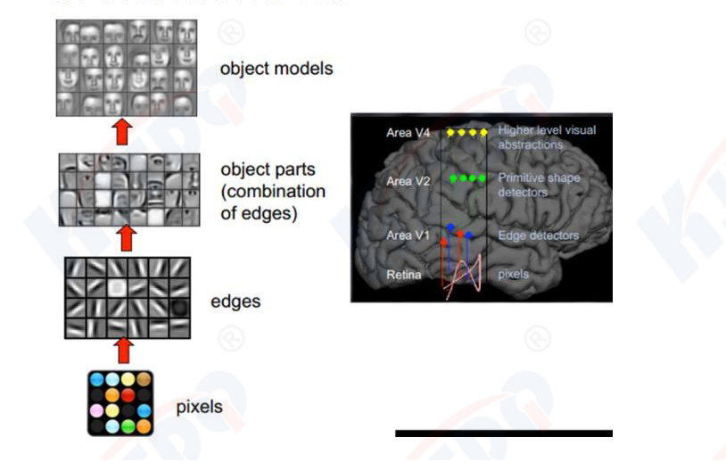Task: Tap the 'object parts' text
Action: pyautogui.click(x=265, y=170)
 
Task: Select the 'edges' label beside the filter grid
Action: pyautogui.click(x=235, y=301)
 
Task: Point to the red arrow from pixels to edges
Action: pyautogui.click(x=124, y=350)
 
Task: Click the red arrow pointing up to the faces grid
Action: pyautogui.click(x=124, y=132)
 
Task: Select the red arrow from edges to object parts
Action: pyautogui.click(x=126, y=237)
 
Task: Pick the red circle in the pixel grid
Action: pyautogui.click(x=128, y=394)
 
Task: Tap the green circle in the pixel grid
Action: pyautogui.click(x=128, y=426)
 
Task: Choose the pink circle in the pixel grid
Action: pyautogui.click(x=96, y=410)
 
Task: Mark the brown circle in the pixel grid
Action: pyautogui.click(x=144, y=379)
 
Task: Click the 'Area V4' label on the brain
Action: pyautogui.click(x=408, y=133)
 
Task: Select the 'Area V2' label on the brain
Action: pyautogui.click(x=408, y=181)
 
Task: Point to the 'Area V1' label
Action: pyautogui.click(x=408, y=235)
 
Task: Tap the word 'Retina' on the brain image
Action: pyautogui.click(x=403, y=275)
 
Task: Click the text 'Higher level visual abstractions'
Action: pyautogui.click(x=547, y=137)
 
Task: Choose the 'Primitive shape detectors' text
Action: pyautogui.click(x=539, y=184)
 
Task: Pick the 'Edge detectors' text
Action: pyautogui.click(x=539, y=235)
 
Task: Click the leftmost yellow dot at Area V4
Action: pyautogui.click(x=450, y=132)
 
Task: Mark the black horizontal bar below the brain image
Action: pyautogui.click(x=504, y=433)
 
